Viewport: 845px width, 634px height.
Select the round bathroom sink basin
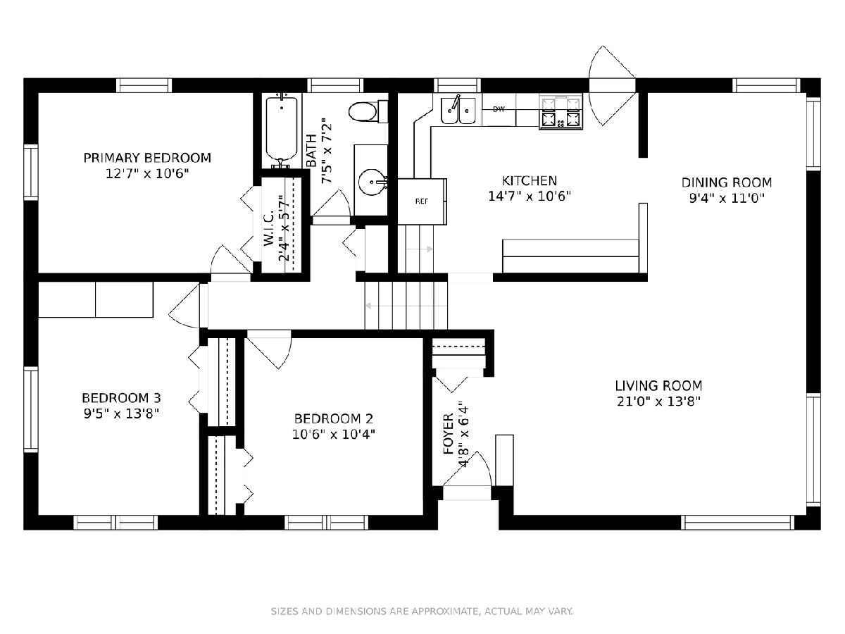point(372,182)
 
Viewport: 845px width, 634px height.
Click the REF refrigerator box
point(422,201)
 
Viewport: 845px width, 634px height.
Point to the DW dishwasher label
point(499,109)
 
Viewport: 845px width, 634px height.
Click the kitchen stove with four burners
point(561,111)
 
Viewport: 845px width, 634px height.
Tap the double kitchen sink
point(458,111)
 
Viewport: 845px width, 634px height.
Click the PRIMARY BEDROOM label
point(147,158)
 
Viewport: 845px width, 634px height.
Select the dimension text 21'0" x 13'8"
point(658,402)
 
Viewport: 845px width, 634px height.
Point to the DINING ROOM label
point(727,182)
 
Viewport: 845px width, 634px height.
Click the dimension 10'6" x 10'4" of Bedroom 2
point(334,435)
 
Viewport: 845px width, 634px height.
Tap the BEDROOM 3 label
point(122,397)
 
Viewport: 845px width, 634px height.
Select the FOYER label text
point(449,434)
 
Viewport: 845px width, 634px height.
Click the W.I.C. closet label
point(269,229)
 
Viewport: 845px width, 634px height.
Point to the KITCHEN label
point(530,180)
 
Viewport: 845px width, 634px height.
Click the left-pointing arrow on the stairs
point(406,306)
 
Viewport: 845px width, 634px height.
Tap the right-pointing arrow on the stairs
point(420,249)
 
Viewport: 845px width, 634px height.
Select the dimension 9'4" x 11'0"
point(727,198)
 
